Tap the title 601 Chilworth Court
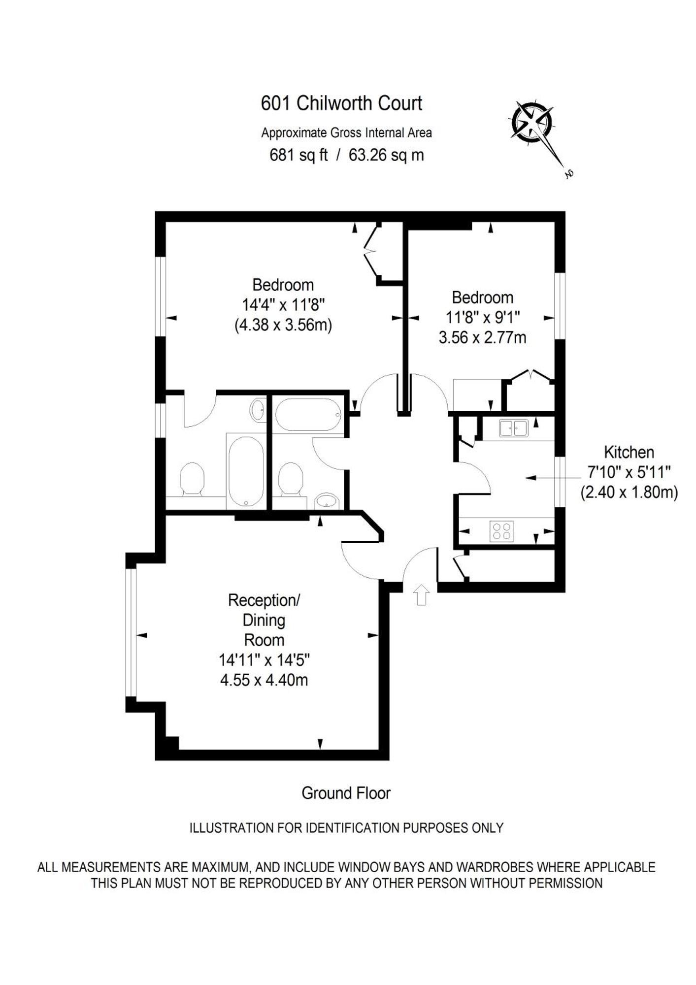pos(341,103)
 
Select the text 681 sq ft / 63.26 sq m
pos(346,155)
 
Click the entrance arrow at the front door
pos(421,594)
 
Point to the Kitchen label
pos(629,452)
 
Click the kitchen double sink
pos(513,428)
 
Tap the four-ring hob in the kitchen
pos(501,531)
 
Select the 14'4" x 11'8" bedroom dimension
pos(284,305)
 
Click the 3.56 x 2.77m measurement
pos(482,338)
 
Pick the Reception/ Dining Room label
pos(264,620)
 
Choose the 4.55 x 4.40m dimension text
pos(264,680)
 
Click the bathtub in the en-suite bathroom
pos(246,470)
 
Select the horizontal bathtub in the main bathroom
pos(308,414)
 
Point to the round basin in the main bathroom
pos(327,502)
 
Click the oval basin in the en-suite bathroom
pos(258,410)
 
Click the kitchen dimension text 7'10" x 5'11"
pos(629,472)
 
